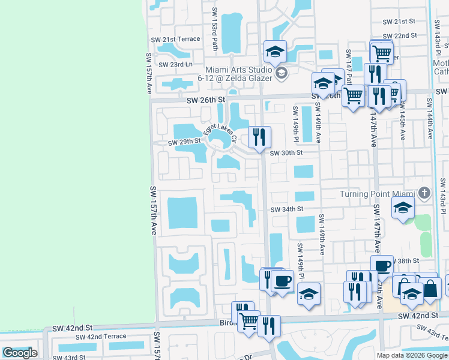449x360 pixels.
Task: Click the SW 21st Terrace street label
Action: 175,39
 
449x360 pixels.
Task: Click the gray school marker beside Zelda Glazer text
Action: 282,74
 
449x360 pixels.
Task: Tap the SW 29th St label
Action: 184,142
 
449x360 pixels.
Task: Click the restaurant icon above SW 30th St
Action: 259,136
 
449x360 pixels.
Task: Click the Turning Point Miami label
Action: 378,194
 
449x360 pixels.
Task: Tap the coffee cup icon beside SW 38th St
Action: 382,265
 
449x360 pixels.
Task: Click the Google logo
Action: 20,353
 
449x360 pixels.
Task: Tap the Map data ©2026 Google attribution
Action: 412,355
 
